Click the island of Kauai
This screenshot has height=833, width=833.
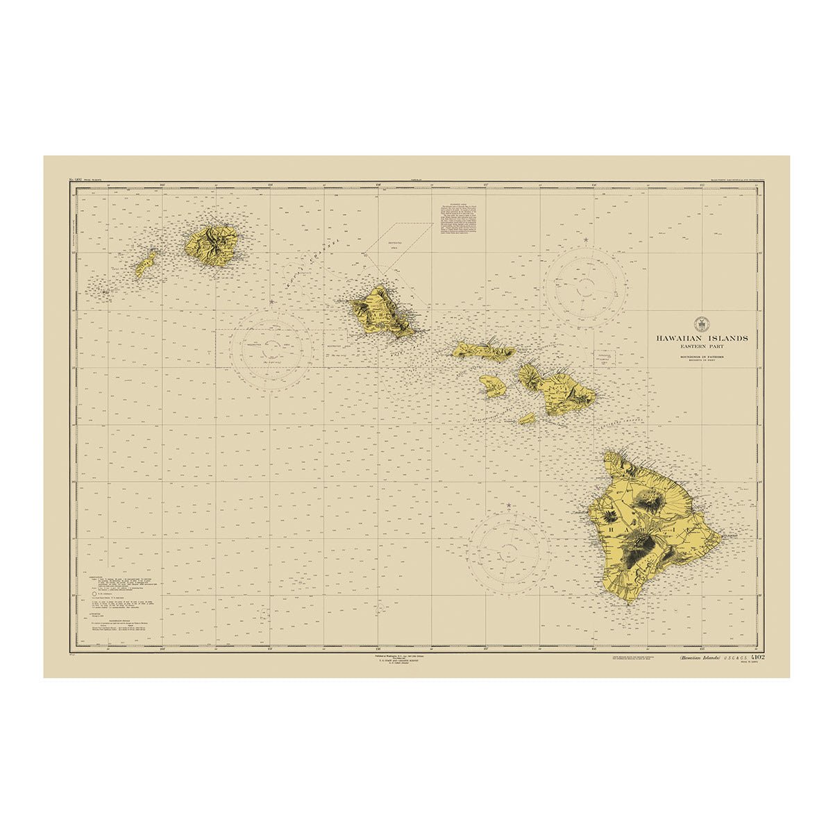[212, 245]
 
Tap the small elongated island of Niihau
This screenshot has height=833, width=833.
[146, 264]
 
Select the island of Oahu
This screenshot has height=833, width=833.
[381, 314]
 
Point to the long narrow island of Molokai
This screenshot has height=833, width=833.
[484, 351]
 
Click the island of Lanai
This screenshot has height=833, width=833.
[492, 385]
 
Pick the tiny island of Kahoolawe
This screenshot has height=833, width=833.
[527, 419]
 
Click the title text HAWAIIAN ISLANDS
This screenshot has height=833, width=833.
[702, 338]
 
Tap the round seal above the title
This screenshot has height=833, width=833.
[701, 323]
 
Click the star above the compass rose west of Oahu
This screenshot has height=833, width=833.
[271, 302]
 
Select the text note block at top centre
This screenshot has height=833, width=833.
[459, 219]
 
